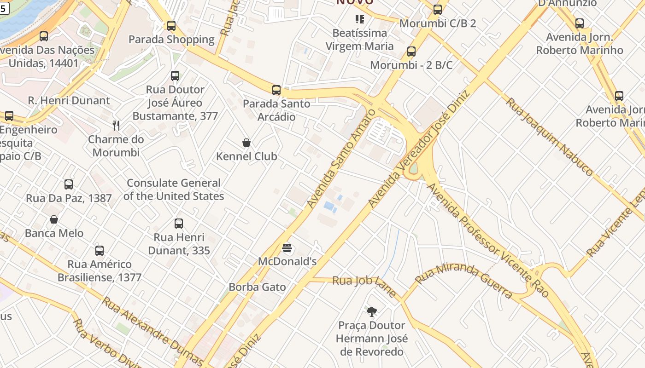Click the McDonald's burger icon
click(x=287, y=248)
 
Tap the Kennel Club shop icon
click(x=246, y=143)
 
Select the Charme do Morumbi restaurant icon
click(x=116, y=125)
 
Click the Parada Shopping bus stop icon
click(x=171, y=26)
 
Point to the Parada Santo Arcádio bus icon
click(x=276, y=90)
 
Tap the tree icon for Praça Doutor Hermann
click(x=371, y=312)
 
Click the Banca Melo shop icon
click(x=54, y=219)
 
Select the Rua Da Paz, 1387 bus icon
click(x=69, y=184)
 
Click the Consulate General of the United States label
click(x=174, y=190)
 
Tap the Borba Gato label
click(x=257, y=287)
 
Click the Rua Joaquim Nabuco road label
click(x=549, y=136)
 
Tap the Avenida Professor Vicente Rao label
click(x=488, y=240)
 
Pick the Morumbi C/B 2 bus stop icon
click(x=438, y=9)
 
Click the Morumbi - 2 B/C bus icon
click(x=411, y=52)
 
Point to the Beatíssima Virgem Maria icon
click(x=359, y=19)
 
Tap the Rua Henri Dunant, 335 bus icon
click(x=179, y=224)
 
